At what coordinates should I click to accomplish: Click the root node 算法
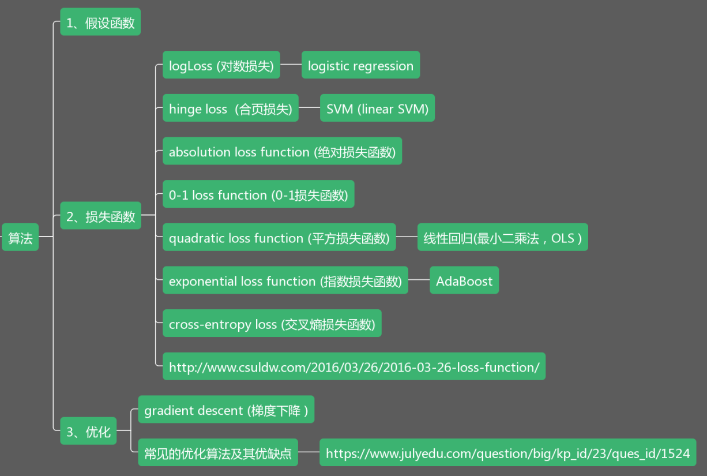click(20, 237)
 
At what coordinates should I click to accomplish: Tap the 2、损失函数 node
click(100, 216)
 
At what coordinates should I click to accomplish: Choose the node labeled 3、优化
click(88, 431)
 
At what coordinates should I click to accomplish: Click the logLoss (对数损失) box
click(221, 65)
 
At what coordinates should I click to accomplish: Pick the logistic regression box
click(360, 65)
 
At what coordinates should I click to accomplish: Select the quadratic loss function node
click(279, 237)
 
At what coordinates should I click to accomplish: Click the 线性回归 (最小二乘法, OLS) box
click(502, 237)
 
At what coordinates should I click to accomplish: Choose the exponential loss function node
click(285, 280)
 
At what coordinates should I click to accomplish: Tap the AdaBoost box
click(464, 280)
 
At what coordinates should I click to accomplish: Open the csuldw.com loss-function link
click(353, 366)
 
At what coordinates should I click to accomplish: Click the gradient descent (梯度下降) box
click(226, 410)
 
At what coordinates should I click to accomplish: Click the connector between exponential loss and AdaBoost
click(419, 280)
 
